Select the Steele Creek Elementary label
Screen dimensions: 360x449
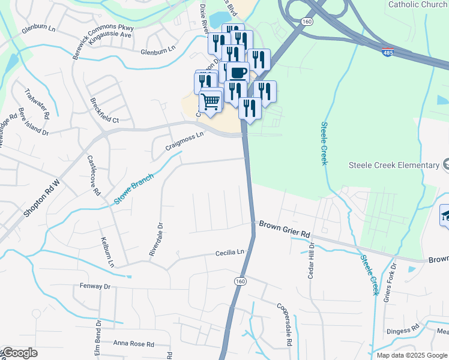(394, 165)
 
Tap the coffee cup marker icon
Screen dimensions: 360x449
(238, 73)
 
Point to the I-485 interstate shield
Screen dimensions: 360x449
(388, 53)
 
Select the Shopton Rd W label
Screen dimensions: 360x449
(42, 199)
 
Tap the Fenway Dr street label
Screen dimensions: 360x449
(95, 287)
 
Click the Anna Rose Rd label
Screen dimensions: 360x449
(134, 344)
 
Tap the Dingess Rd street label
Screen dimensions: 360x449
(403, 329)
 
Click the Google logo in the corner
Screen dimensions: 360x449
(19, 353)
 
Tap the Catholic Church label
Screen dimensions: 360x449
(417, 5)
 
